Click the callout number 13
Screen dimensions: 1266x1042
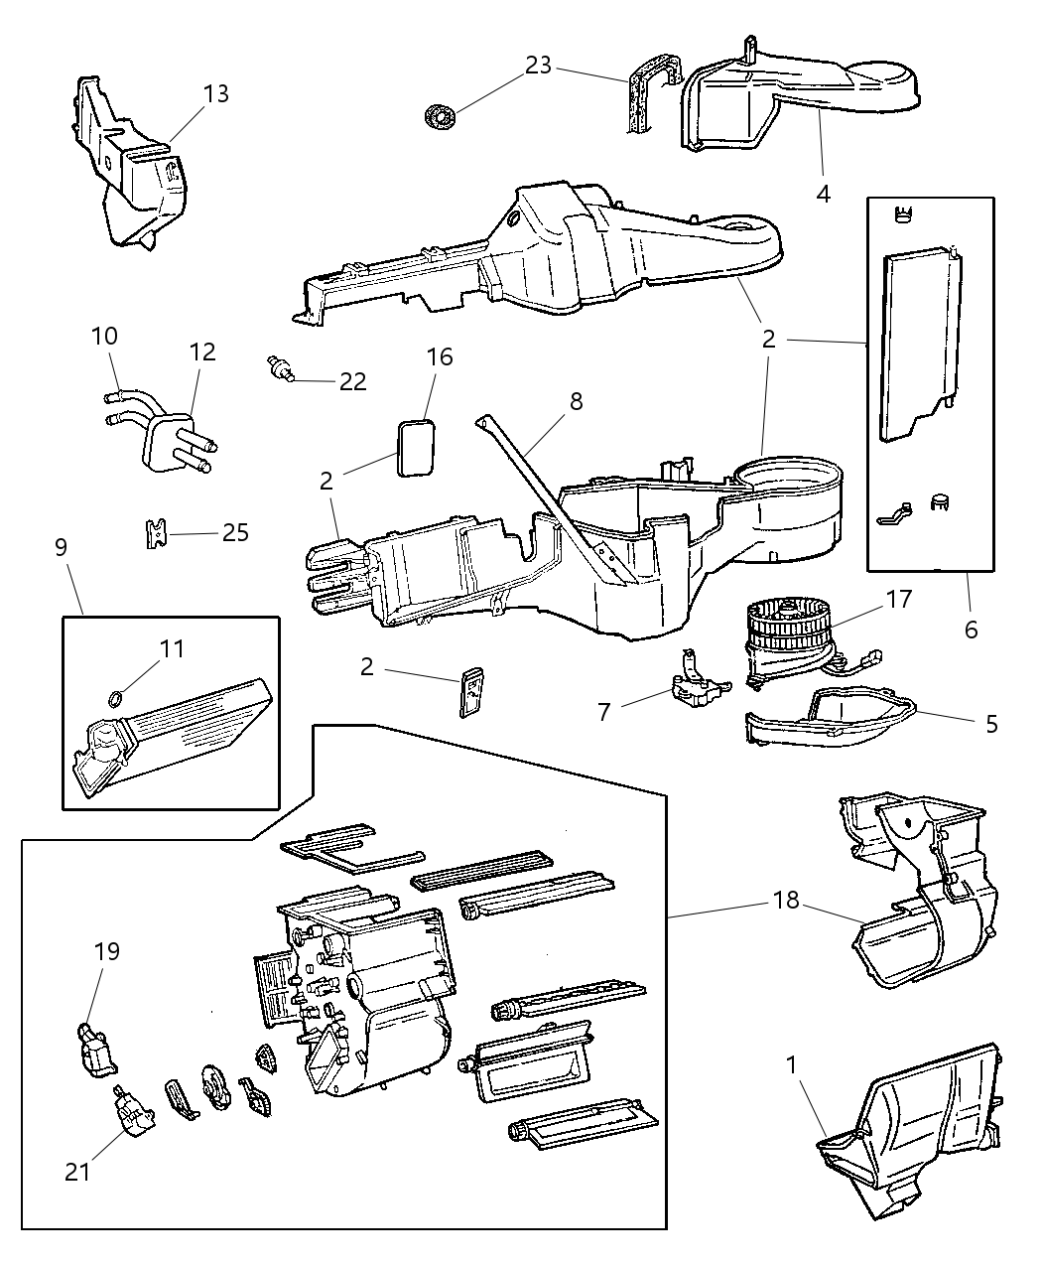(x=215, y=94)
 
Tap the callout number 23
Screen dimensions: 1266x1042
(x=539, y=66)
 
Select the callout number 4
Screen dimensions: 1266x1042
(x=823, y=193)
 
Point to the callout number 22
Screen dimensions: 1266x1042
(x=352, y=381)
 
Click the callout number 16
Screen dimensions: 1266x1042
(x=440, y=356)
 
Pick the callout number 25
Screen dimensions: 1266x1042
(x=235, y=532)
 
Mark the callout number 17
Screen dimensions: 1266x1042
(x=899, y=600)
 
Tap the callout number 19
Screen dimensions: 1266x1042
(x=106, y=951)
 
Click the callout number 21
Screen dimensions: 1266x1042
(x=77, y=1172)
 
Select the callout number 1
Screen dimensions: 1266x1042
(x=791, y=1065)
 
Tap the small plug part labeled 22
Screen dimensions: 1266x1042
(x=279, y=369)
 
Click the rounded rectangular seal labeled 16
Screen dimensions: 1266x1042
(x=418, y=448)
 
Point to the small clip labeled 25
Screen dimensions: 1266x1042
(x=153, y=532)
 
